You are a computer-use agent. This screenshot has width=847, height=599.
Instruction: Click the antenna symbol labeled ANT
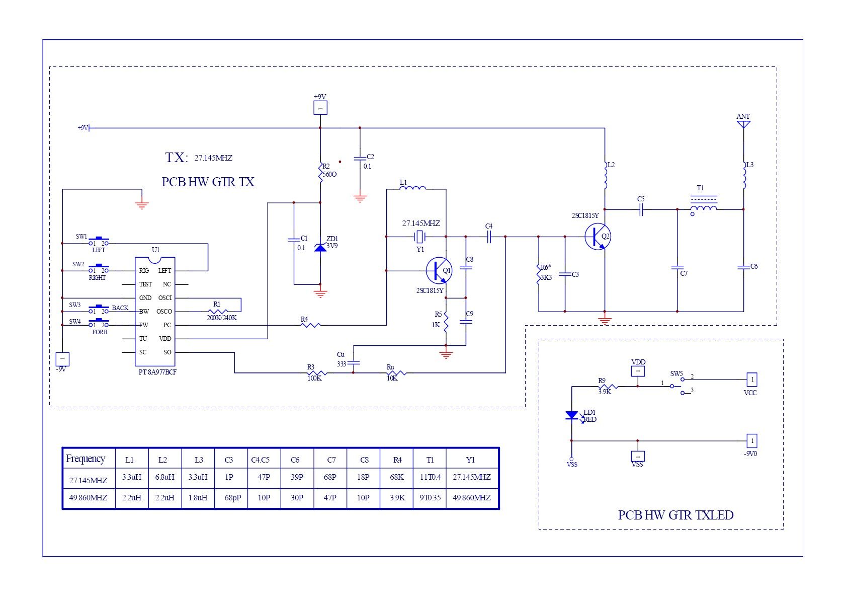tap(743, 124)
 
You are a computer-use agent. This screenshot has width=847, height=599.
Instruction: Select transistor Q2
tap(598, 237)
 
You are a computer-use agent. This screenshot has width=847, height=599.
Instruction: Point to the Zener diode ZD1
tap(320, 247)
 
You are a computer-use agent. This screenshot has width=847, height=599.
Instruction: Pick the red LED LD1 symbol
tap(572, 415)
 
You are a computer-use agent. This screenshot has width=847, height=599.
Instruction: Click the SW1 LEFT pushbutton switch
tap(99, 241)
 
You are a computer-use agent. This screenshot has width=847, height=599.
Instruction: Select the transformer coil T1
tap(703, 208)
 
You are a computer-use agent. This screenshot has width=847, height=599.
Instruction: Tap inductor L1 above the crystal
tap(412, 189)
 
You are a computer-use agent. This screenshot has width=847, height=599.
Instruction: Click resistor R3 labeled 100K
tap(317, 373)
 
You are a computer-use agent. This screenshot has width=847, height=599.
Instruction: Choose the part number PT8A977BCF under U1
tap(157, 372)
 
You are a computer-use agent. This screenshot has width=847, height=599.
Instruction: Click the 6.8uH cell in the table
tap(164, 477)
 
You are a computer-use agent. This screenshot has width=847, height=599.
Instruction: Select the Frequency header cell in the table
tap(86, 459)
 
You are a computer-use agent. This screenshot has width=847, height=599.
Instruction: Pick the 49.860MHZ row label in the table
tap(88, 498)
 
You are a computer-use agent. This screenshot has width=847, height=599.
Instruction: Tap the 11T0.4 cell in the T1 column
tap(430, 477)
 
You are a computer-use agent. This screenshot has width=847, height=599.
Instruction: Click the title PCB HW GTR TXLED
tap(675, 515)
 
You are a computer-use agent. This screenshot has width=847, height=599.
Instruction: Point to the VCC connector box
tap(752, 380)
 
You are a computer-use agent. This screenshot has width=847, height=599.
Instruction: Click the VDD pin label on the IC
tap(165, 339)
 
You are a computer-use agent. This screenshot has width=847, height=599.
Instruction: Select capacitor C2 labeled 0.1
tap(360, 158)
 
